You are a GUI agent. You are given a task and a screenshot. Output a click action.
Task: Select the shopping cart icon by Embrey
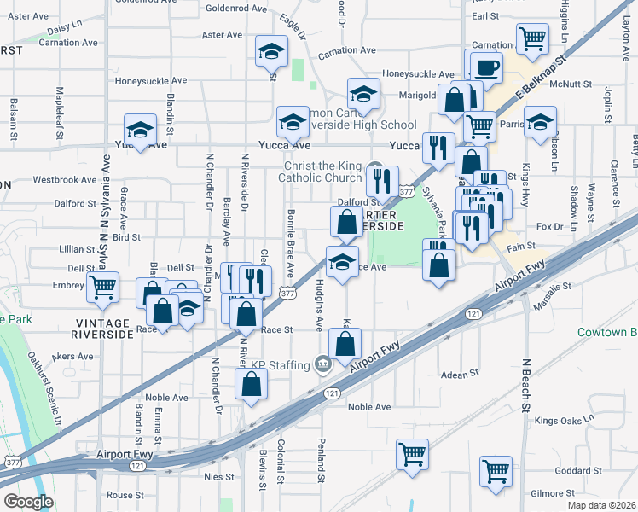(103, 288)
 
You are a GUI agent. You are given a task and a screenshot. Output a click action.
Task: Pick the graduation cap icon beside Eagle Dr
(271, 51)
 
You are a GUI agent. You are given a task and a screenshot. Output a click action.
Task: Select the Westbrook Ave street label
(65, 181)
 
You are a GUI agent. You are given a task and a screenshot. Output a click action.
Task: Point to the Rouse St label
(125, 495)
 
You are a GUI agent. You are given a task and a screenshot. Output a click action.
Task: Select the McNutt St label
(571, 84)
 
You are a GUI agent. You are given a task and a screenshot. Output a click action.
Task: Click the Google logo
(28, 502)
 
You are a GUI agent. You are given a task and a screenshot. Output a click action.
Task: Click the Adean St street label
(461, 375)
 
